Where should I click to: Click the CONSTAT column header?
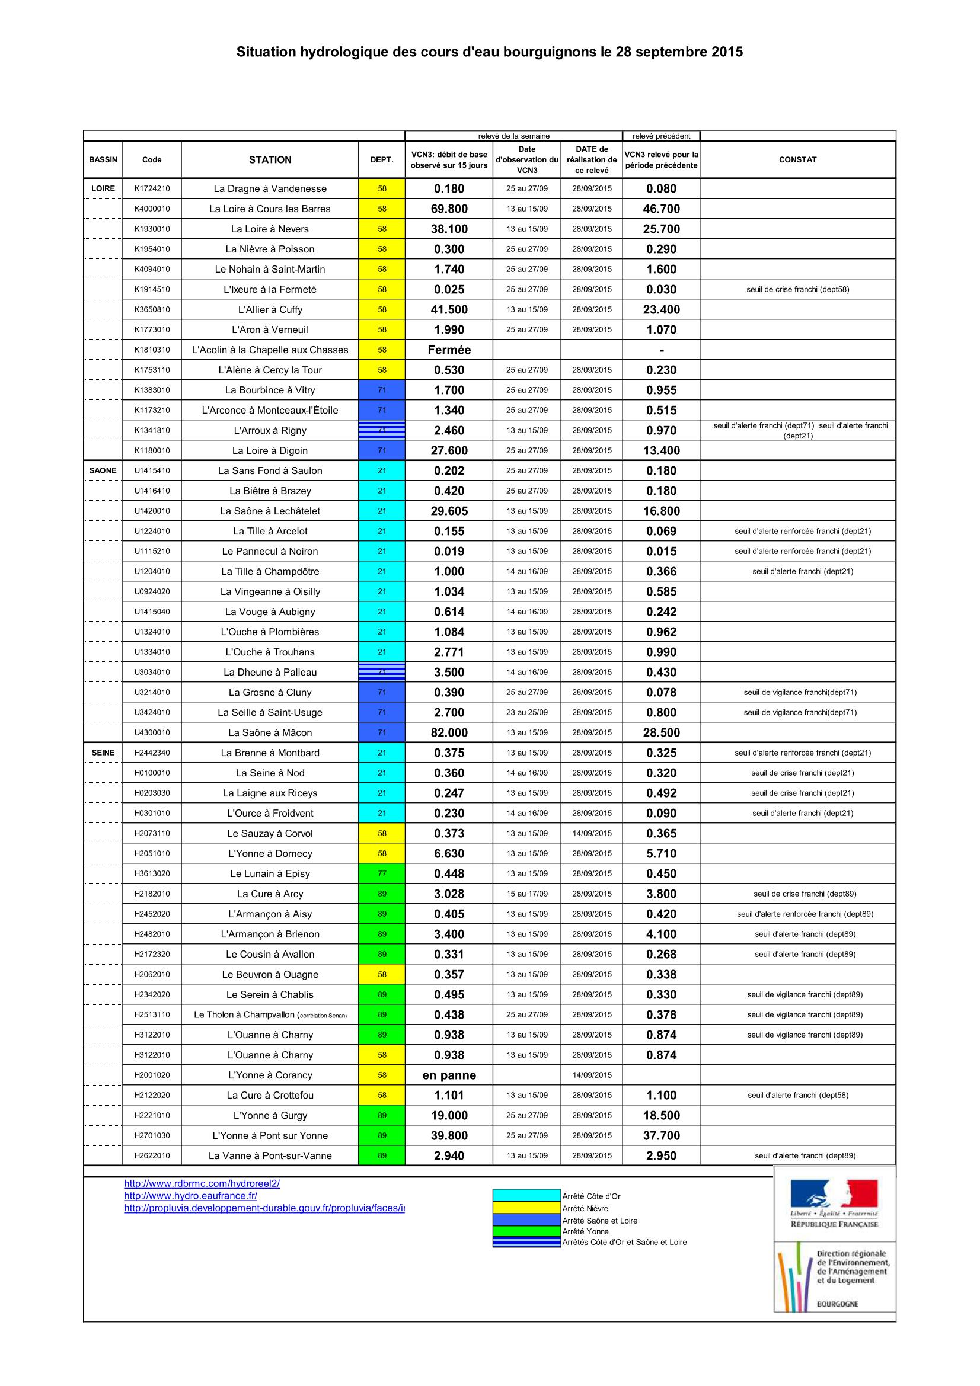[797, 159]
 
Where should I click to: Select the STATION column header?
[270, 159]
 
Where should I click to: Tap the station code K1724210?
[152, 188]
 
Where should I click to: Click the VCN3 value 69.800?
[449, 209]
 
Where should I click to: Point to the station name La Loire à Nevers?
[270, 229]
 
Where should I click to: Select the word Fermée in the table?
[449, 350]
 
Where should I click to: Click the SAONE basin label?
[103, 470]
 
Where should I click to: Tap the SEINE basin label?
[103, 752]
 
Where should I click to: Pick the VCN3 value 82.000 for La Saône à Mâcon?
[449, 732]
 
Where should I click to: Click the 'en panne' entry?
[449, 1074]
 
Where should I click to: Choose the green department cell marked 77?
[382, 873]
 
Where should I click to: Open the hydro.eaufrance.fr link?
[191, 1195]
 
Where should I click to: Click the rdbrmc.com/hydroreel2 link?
[202, 1183]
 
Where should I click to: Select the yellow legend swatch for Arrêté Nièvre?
[526, 1207]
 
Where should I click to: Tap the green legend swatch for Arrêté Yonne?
[526, 1231]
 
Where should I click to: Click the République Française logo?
[834, 1203]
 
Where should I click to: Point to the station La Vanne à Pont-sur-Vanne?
[270, 1155]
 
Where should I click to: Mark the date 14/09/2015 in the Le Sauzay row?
[592, 833]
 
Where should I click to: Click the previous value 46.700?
[661, 209]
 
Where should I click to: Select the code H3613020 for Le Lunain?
[152, 873]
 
